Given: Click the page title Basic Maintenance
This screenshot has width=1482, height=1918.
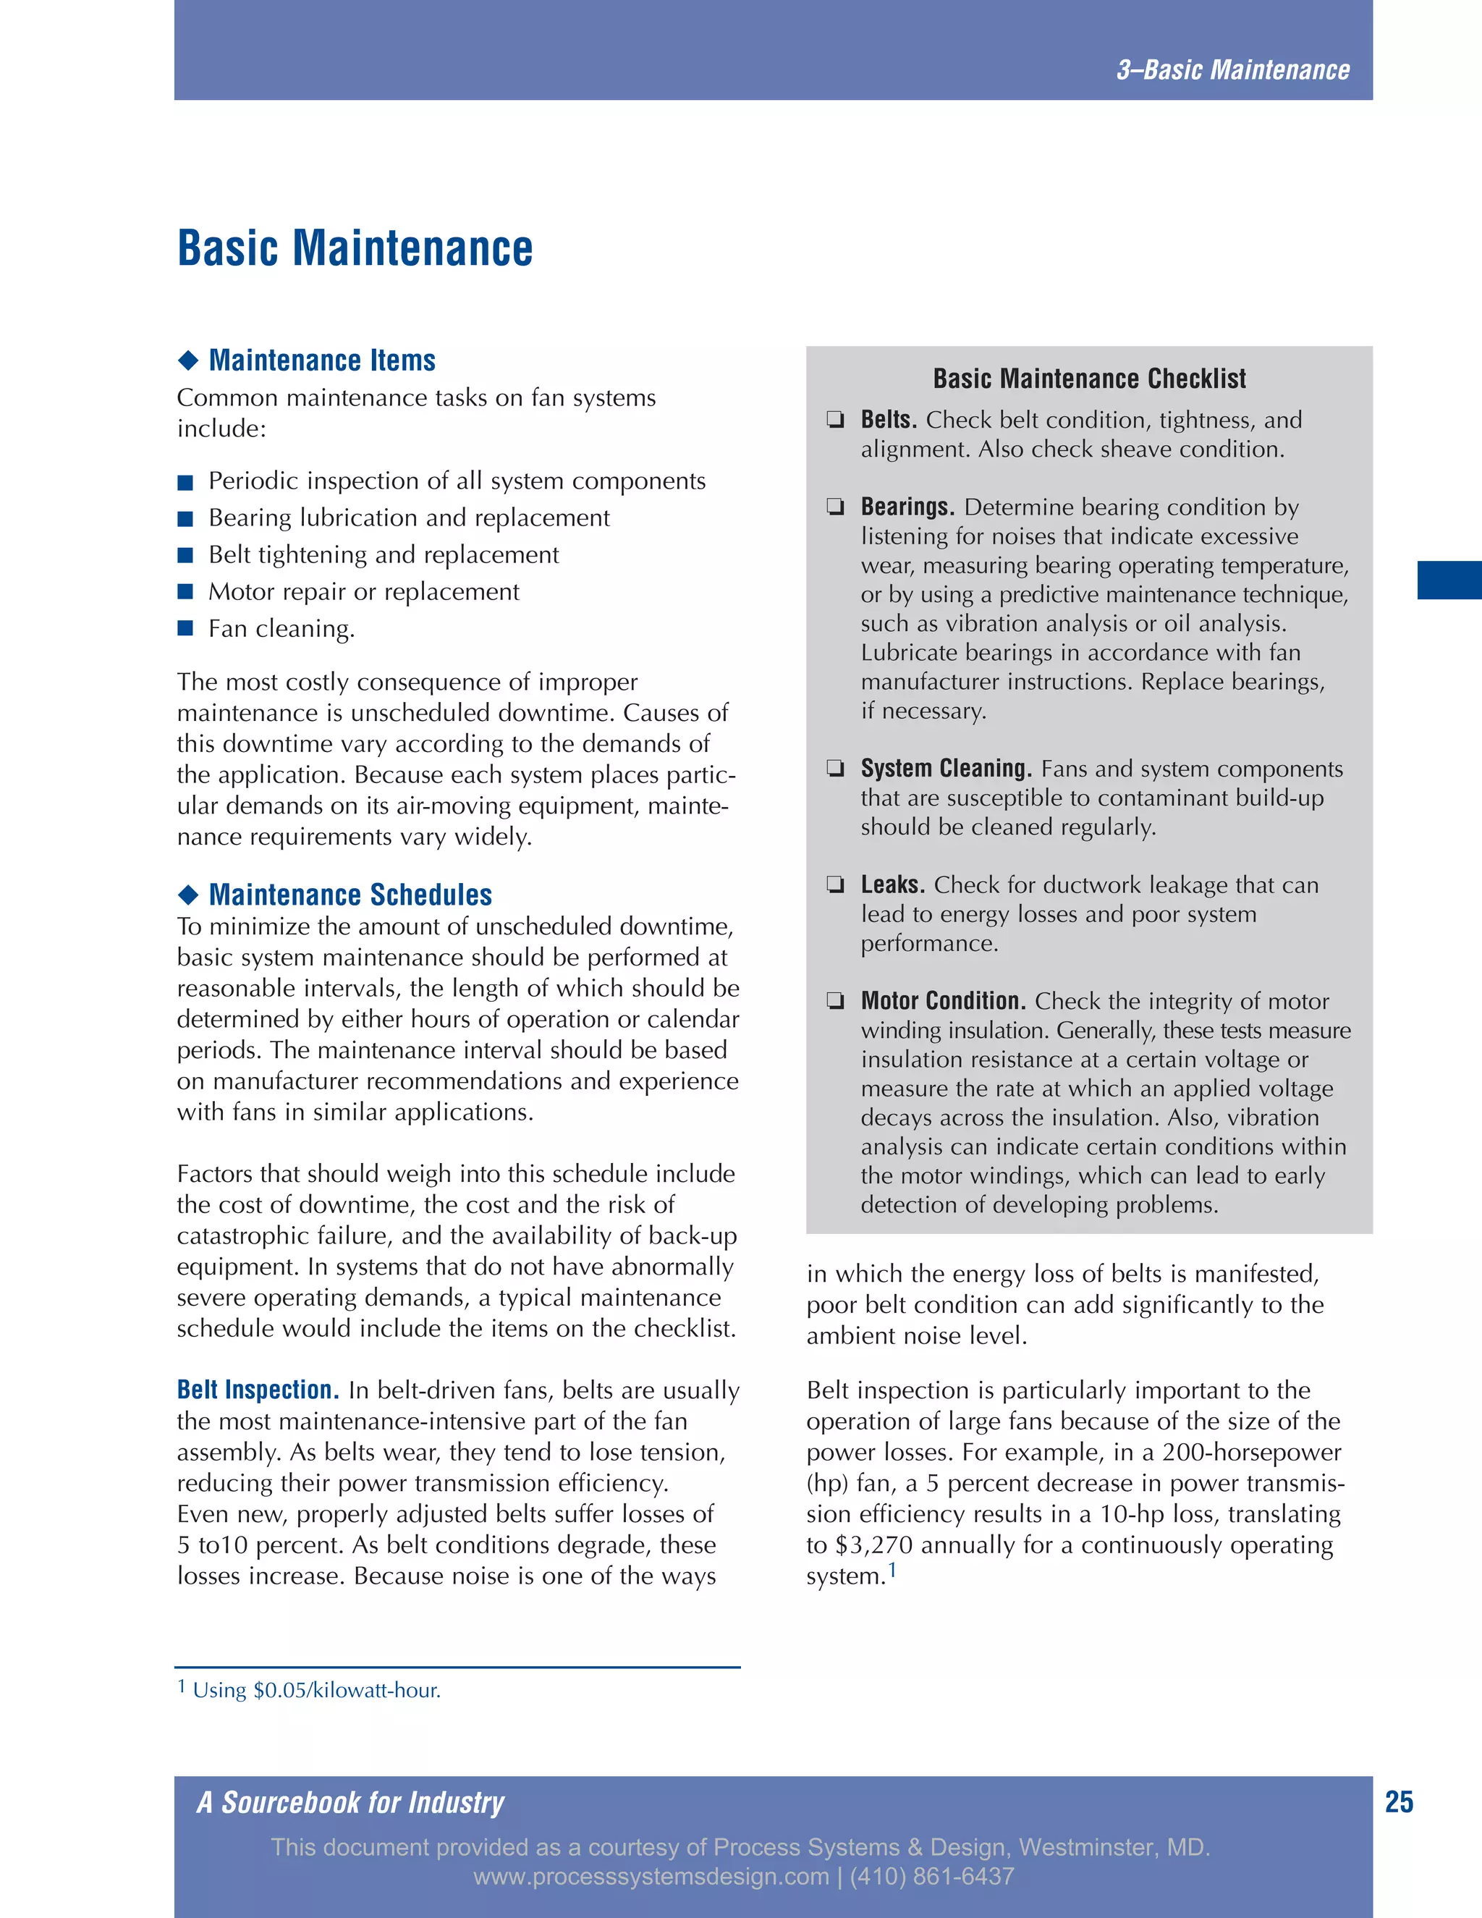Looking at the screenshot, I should tap(355, 248).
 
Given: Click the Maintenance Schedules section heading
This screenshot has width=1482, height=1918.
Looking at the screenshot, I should tap(350, 894).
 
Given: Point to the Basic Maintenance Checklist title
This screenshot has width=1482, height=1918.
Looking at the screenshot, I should tap(1088, 379).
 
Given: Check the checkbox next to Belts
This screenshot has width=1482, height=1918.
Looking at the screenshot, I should tap(835, 420).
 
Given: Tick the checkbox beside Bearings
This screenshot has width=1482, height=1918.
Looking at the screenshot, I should tap(835, 507).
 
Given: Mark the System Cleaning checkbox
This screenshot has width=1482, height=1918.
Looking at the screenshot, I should tap(835, 769).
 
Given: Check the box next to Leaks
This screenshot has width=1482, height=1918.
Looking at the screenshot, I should tap(835, 884).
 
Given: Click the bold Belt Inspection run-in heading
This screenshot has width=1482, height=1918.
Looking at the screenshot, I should tap(257, 1390).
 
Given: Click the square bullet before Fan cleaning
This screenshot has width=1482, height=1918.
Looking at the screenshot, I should tap(185, 628).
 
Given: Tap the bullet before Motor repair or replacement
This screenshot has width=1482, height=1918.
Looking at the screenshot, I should tap(185, 591).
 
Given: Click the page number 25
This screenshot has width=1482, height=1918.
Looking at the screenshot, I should tap(1399, 1802).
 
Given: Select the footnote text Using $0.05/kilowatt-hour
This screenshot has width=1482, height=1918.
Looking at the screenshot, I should tap(316, 1691).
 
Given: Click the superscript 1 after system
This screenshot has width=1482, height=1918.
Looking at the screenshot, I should tap(892, 1569).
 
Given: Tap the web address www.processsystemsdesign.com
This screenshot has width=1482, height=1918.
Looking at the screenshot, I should tap(651, 1877).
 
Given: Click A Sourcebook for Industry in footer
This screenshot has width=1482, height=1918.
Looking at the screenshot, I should tap(350, 1802).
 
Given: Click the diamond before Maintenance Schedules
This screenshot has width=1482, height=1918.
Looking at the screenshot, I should tap(188, 895).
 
